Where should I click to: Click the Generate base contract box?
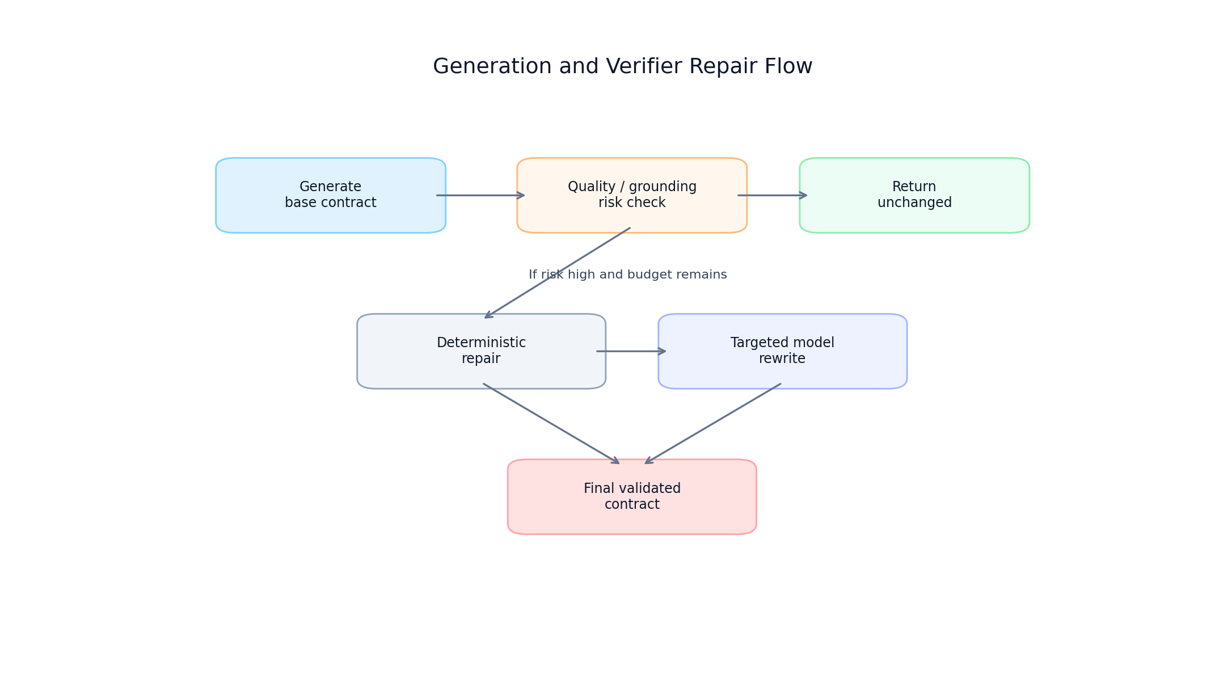click(330, 195)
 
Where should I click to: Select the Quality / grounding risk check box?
click(631, 195)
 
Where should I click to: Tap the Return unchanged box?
click(914, 195)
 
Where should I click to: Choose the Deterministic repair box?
click(481, 351)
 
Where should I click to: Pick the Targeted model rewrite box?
click(782, 351)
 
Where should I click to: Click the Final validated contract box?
click(631, 496)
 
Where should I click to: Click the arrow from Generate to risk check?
click(480, 195)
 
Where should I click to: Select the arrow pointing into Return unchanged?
click(771, 195)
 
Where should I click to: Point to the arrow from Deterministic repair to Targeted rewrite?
click(630, 351)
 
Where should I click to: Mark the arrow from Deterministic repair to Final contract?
click(550, 423)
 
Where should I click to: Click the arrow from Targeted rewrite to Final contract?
click(713, 423)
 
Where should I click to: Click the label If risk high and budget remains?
click(627, 275)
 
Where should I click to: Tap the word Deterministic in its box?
click(481, 343)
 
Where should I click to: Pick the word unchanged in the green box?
click(914, 203)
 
